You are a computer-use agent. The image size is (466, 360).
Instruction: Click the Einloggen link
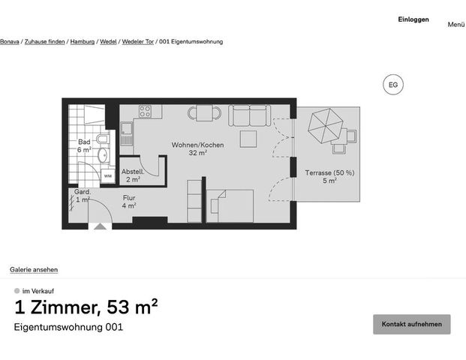(413, 19)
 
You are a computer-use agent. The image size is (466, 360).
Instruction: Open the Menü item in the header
(456, 24)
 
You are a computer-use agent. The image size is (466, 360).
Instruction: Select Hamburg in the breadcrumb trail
(83, 41)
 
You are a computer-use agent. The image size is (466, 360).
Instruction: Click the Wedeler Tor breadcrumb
(138, 41)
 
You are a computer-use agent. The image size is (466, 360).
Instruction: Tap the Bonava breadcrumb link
(9, 41)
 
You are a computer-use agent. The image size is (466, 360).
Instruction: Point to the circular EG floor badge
(392, 85)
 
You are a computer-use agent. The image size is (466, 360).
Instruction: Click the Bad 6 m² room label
(84, 145)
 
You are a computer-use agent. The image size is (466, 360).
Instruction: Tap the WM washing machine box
(107, 176)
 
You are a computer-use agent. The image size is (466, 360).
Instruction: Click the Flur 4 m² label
(129, 202)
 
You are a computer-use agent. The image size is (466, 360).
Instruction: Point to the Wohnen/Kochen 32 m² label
(197, 148)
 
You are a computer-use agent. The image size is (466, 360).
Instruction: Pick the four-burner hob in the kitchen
(145, 111)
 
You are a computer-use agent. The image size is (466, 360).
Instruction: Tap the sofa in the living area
(248, 115)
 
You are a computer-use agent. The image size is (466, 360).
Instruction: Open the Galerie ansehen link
(34, 269)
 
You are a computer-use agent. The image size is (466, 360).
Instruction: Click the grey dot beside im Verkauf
(17, 291)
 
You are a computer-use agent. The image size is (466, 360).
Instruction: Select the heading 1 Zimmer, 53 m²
(86, 307)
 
